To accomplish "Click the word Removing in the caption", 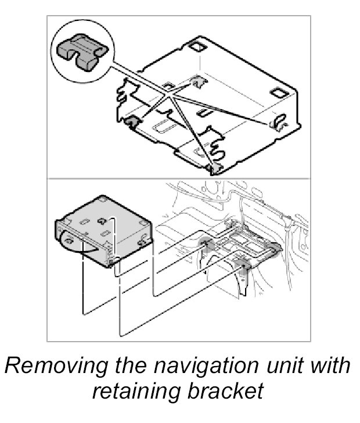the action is (x=56, y=365).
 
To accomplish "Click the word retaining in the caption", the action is (x=136, y=391).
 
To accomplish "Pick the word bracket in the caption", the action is (x=225, y=390).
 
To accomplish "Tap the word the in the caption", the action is (x=131, y=365).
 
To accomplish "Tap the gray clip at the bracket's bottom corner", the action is (x=214, y=169).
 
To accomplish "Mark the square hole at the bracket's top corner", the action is (x=197, y=46).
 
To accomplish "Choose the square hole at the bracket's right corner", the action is (x=280, y=93).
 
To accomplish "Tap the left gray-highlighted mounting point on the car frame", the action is (x=206, y=244).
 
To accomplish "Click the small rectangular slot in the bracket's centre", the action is (x=204, y=113).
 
